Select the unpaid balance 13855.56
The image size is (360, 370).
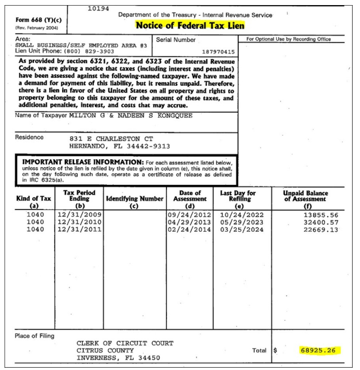[319, 215]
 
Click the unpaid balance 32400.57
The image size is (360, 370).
[319, 223]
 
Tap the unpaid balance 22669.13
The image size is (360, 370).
[319, 230]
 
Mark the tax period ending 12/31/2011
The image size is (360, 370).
[78, 230]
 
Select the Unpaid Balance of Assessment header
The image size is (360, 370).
[305, 197]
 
